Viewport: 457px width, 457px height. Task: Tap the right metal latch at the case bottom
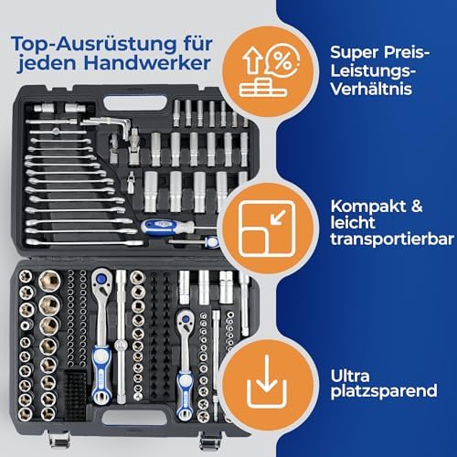[x=237, y=436]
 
